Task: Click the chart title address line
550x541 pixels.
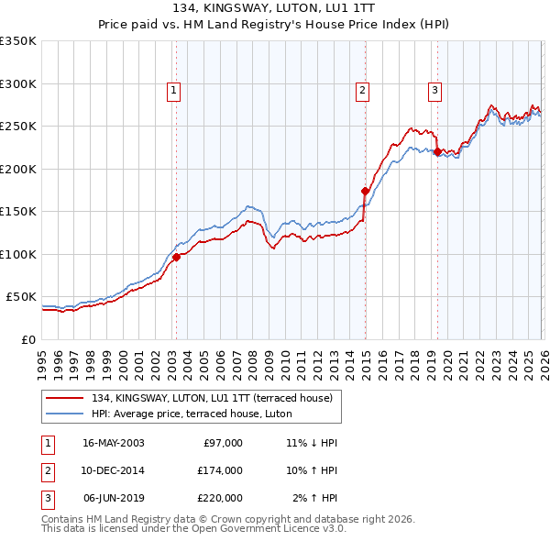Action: pyautogui.click(x=274, y=8)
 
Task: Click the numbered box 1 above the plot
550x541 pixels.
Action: pyautogui.click(x=173, y=90)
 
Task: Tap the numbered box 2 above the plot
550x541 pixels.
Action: pyautogui.click(x=363, y=90)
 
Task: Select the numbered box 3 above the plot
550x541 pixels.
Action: pyautogui.click(x=434, y=90)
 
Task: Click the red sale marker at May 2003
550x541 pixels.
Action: pyautogui.click(x=176, y=257)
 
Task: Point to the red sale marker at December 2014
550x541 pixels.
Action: pyautogui.click(x=365, y=191)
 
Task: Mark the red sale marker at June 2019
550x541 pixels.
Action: pyautogui.click(x=438, y=152)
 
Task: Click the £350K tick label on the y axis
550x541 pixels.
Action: pyautogui.click(x=18, y=41)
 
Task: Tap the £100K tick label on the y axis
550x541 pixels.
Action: pyautogui.click(x=18, y=254)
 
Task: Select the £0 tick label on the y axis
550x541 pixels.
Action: pyautogui.click(x=27, y=339)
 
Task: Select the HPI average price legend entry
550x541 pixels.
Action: pyautogui.click(x=191, y=414)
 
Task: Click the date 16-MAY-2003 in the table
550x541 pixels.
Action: pyautogui.click(x=113, y=443)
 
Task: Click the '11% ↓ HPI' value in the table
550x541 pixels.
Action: pyautogui.click(x=313, y=443)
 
